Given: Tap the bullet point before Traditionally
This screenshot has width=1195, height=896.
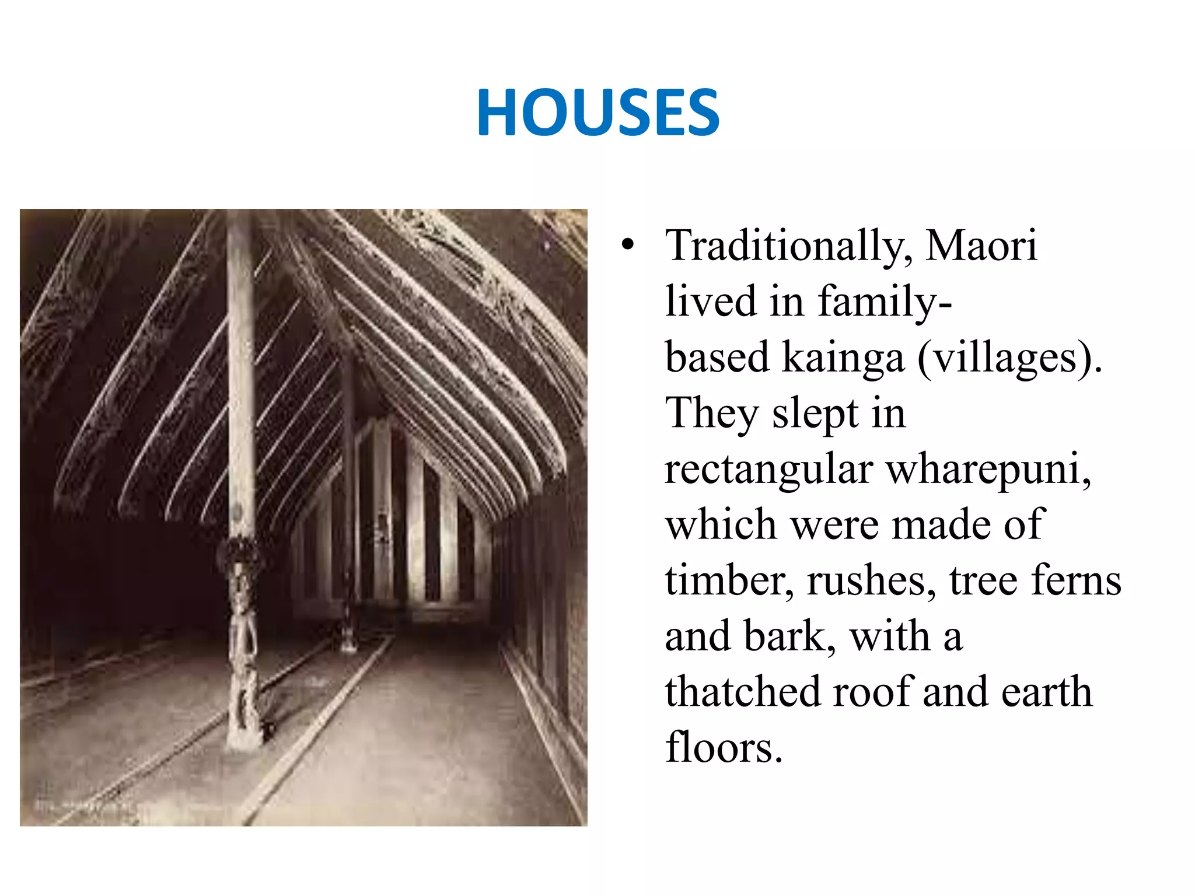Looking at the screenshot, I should point(627,245).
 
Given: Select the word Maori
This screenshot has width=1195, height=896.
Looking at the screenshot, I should point(981,245).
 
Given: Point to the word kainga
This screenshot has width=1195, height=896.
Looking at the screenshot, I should point(843,358).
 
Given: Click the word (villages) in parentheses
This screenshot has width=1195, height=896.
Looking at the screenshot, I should point(1009,358).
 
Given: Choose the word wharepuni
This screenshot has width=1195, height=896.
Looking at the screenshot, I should point(988,470).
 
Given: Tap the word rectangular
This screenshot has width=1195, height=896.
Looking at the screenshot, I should point(769,470).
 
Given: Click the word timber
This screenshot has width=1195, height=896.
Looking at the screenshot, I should point(729,581).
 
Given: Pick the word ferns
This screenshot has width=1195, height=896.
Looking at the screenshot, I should point(1077,580).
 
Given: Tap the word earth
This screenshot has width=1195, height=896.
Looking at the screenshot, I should point(1047,692).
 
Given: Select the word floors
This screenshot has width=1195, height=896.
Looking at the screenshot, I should point(724,747).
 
